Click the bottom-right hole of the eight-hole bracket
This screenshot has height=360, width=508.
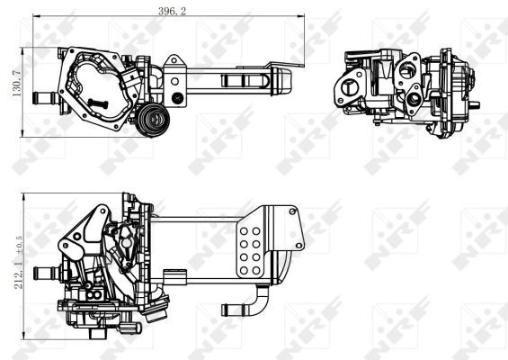pyautogui.click(x=259, y=268)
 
